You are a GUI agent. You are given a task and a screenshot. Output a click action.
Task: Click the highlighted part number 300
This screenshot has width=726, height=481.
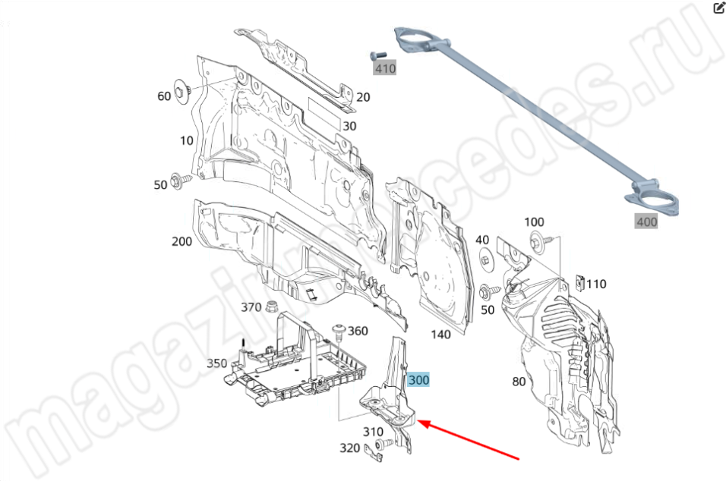(418, 380)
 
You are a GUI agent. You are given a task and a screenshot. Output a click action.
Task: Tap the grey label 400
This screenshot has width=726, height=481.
(646, 222)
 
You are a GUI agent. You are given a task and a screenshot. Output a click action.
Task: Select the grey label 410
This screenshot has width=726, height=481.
(385, 69)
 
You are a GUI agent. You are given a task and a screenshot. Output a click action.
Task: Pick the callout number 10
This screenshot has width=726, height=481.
(187, 140)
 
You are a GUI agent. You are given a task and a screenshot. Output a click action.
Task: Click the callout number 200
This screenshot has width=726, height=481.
(181, 241)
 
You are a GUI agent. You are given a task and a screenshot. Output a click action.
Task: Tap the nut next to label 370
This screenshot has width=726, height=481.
(272, 307)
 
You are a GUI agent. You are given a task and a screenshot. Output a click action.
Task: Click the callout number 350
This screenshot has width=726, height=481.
(216, 363)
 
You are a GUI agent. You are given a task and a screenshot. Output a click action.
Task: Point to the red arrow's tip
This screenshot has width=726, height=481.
(418, 421)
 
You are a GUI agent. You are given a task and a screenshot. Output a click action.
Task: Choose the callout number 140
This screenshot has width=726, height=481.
(440, 334)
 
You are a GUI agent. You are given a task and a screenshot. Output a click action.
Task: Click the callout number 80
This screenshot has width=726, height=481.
(519, 381)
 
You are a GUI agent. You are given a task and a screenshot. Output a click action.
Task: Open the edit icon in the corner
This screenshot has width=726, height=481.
(718, 8)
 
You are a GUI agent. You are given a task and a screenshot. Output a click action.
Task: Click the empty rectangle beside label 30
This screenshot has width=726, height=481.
(324, 114)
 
